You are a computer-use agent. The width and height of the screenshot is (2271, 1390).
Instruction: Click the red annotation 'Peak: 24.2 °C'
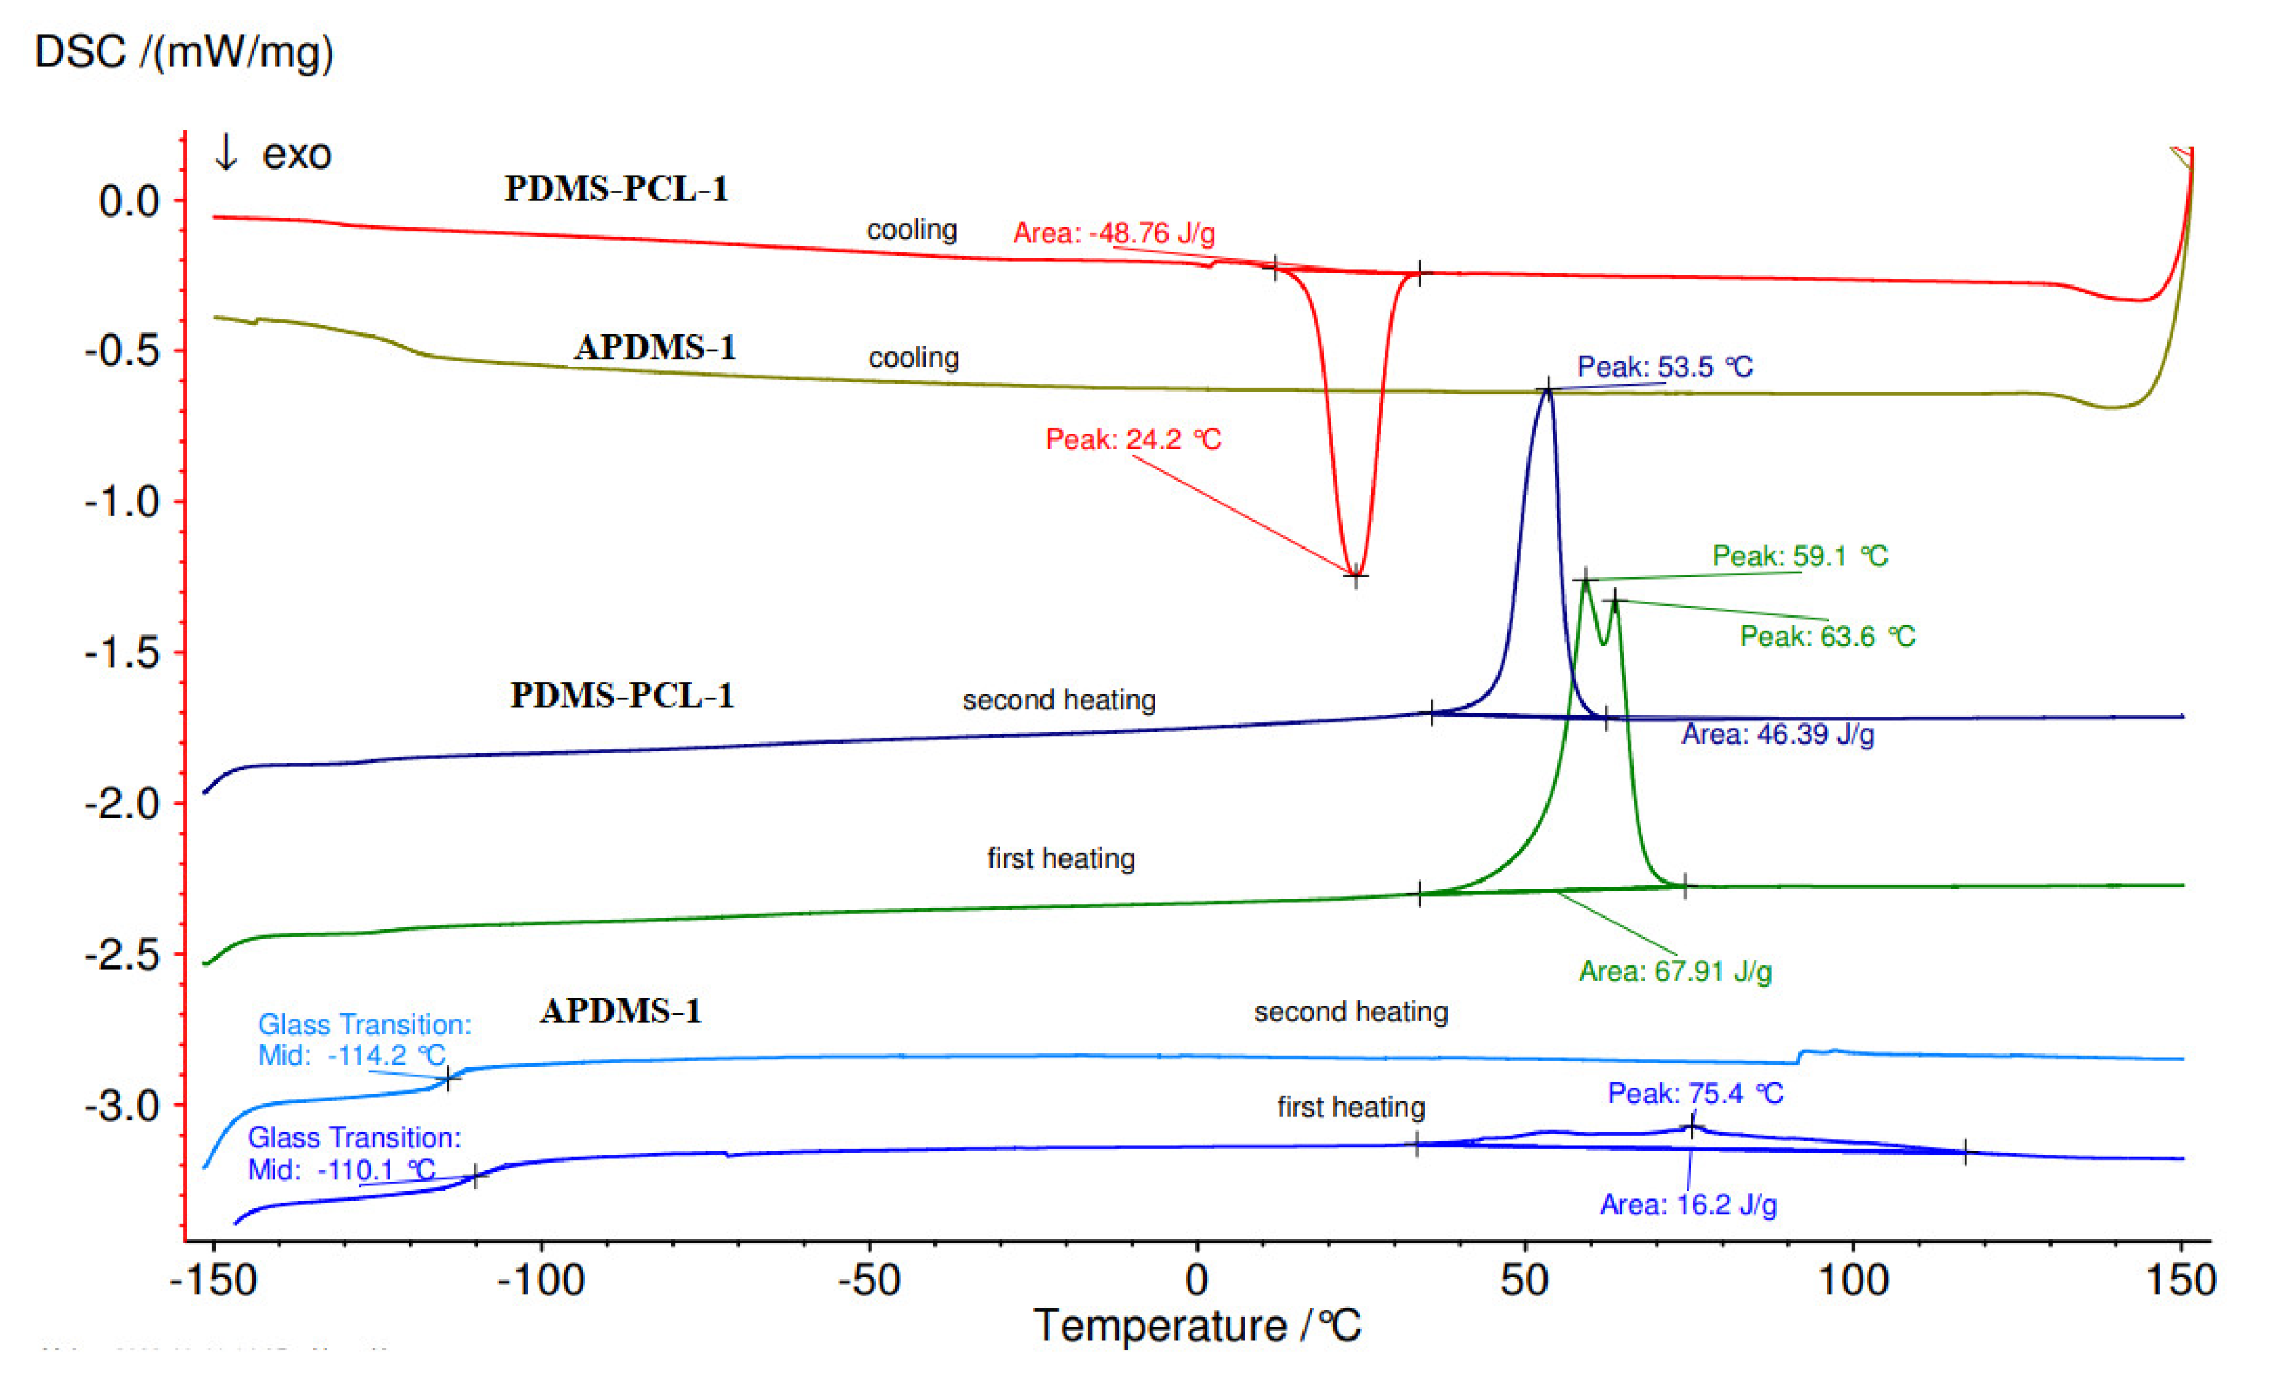pos(1133,439)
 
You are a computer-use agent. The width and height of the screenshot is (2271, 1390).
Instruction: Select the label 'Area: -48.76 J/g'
pos(1114,233)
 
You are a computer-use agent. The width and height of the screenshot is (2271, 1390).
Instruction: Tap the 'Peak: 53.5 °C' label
pos(1665,367)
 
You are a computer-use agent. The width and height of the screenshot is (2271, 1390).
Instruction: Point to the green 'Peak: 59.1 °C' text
pos(1799,556)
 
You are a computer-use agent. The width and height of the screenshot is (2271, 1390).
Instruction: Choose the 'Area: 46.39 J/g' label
pos(1777,734)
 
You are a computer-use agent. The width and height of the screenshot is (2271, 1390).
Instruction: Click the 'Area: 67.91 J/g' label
pos(1674,971)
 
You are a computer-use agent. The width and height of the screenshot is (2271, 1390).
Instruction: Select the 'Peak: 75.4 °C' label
pos(1695,1094)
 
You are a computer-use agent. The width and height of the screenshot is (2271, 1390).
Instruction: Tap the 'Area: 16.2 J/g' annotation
pos(1688,1204)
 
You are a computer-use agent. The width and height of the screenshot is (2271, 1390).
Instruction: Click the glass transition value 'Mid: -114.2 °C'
pos(351,1055)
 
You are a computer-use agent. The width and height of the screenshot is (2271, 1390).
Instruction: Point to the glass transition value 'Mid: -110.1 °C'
pos(341,1170)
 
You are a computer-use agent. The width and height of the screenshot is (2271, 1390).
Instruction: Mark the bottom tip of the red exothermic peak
pos(1355,576)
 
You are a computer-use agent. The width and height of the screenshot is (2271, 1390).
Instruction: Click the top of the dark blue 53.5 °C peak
pos(1548,389)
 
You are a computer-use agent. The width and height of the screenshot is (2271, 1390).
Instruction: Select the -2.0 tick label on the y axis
pos(123,804)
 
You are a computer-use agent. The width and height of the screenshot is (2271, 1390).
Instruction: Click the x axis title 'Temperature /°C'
pos(1196,1327)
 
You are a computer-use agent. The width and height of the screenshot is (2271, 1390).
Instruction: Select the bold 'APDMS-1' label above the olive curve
pos(655,347)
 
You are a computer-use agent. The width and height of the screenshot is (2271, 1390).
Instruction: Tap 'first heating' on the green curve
pos(1061,858)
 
